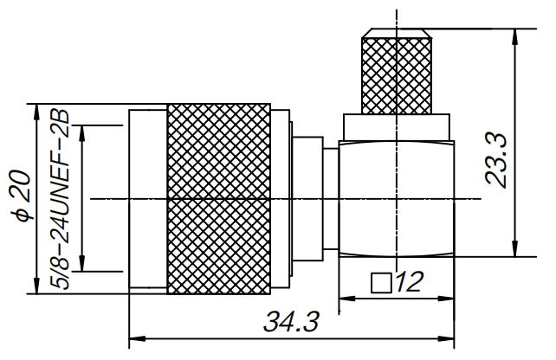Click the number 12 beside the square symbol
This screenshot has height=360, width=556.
pyautogui.click(x=408, y=282)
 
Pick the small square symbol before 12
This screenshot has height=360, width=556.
pyautogui.click(x=378, y=283)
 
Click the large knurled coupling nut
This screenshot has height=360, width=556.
pyautogui.click(x=218, y=198)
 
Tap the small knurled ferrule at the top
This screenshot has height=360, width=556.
pyautogui.click(x=396, y=75)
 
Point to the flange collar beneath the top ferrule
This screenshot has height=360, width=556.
pyautogui.click(x=396, y=126)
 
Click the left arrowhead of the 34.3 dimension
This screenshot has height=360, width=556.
pyautogui.click(x=135, y=338)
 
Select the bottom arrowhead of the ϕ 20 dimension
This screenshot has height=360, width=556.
pyautogui.click(x=36, y=287)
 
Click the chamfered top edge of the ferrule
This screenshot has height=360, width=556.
pyautogui.click(x=396, y=35)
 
